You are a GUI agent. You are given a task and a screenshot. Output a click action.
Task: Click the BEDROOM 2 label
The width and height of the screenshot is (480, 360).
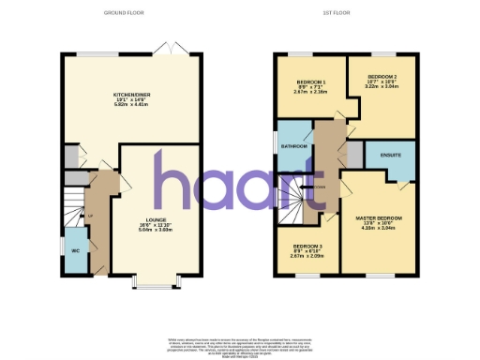click(x=382, y=76)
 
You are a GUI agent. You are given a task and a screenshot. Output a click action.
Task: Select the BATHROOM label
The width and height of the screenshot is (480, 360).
click(x=292, y=146)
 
